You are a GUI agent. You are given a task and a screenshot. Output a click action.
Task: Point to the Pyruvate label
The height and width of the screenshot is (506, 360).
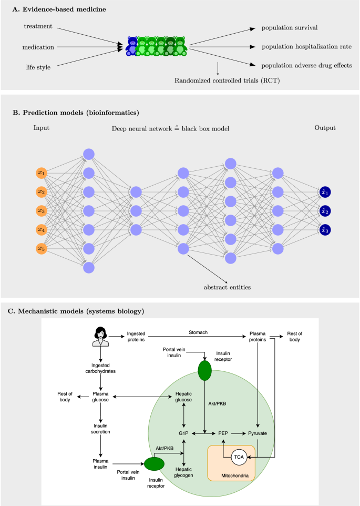[x=257, y=433]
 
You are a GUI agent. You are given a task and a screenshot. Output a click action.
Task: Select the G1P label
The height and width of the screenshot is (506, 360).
[x=183, y=433]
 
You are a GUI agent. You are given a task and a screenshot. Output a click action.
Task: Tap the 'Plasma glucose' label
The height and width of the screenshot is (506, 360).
[x=100, y=397]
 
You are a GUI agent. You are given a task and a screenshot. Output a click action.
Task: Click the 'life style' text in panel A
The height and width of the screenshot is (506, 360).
[x=38, y=67]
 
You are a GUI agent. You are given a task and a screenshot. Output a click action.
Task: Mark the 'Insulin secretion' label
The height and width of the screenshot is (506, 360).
[x=100, y=427]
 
